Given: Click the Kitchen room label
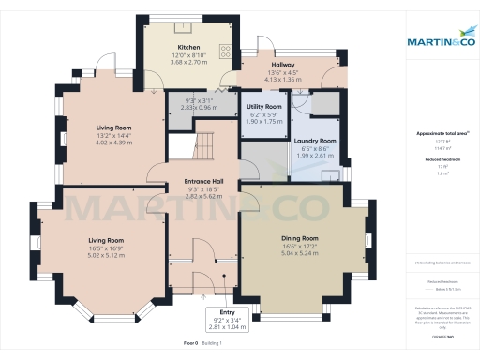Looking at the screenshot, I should coord(188,47).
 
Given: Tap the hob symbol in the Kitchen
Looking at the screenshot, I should coord(224,52).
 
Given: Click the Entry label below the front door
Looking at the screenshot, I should coord(228,311).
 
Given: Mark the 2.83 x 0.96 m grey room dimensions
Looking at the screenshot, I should coord(200,108).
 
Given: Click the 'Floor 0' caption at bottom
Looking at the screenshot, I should coord(192,344).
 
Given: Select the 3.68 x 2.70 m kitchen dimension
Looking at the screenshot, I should coord(188,64).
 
